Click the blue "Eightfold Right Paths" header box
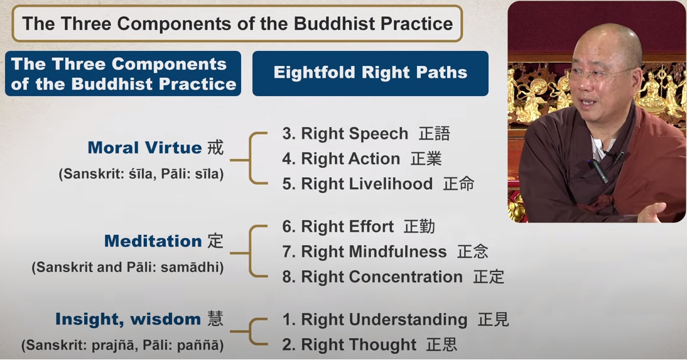click(x=371, y=74)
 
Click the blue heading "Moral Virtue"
click(x=144, y=148)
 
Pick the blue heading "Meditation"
click(x=153, y=241)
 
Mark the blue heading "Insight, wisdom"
click(x=128, y=319)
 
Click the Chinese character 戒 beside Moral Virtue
click(x=215, y=148)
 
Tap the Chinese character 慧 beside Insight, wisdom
click(x=215, y=319)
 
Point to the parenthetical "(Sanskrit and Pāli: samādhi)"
click(x=127, y=267)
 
